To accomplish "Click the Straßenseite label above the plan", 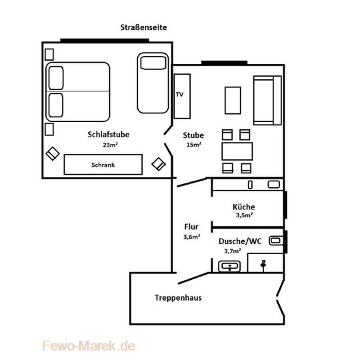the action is coord(143,27).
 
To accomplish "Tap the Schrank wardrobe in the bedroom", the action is coord(103,165).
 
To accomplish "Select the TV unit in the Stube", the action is coord(182,96).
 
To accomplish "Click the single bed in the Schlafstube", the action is coord(153,83).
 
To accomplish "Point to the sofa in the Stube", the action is coord(267,100).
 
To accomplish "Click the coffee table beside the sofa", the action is coord(233,100).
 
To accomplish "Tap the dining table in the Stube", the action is coord(237,151).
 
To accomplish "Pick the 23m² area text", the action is coord(111,145).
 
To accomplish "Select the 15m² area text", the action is coord(194,145).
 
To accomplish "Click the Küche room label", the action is coord(243,207).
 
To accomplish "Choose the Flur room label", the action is coord(191,227).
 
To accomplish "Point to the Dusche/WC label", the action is coord(240,241).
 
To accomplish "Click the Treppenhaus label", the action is coord(178,297).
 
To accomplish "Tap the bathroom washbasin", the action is coord(229,266).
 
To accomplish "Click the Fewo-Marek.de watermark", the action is coord(89,346).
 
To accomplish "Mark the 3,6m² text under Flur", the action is coord(192,237).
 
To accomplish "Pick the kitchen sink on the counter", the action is coord(274,185).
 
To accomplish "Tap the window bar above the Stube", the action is coord(224,63).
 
